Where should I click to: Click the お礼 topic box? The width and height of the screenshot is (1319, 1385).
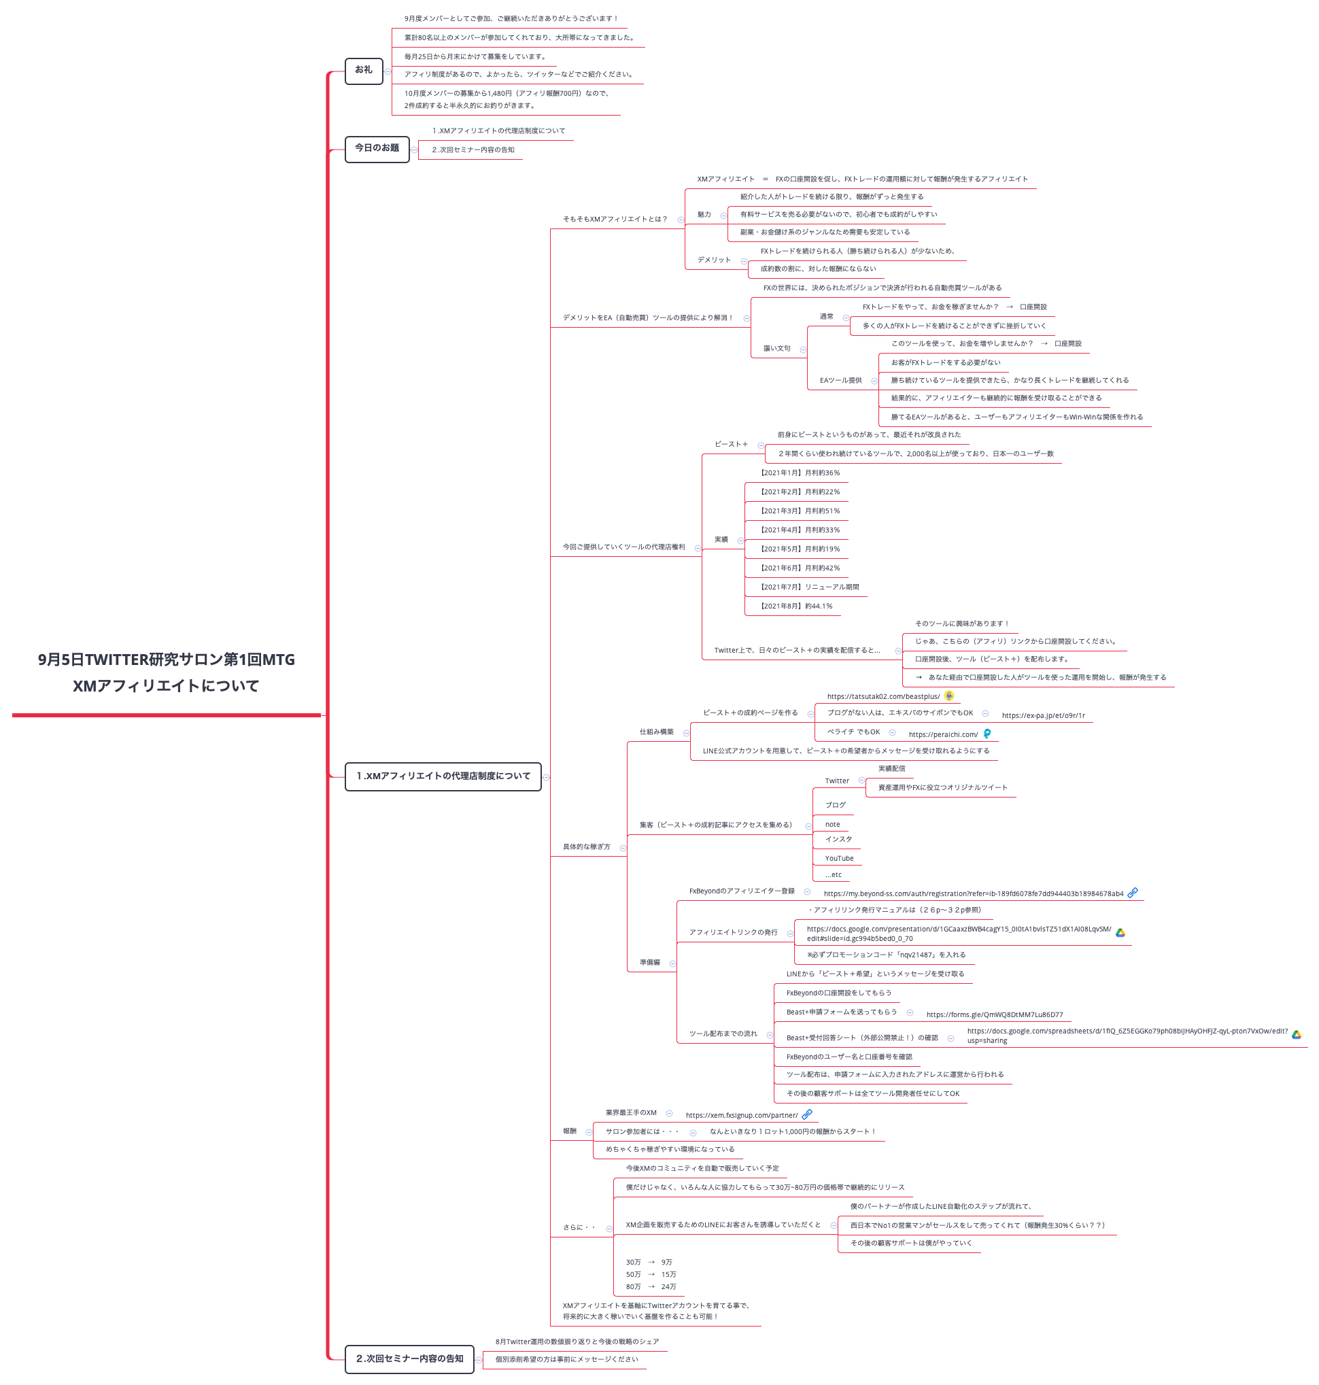[364, 70]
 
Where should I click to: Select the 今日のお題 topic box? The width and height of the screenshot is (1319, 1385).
[377, 148]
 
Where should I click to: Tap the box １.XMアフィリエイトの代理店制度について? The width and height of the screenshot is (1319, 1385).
[443, 776]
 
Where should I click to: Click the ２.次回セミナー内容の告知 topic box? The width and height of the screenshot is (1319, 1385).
[409, 1359]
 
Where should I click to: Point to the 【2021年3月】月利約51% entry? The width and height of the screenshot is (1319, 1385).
[800, 511]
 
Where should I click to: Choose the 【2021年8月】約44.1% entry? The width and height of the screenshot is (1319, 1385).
[796, 606]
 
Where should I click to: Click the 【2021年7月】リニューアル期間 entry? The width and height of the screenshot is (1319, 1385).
[809, 587]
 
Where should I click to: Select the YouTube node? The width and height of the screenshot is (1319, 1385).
[839, 859]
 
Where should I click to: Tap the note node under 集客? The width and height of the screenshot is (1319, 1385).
[832, 825]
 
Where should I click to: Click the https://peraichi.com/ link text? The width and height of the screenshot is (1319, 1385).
[943, 735]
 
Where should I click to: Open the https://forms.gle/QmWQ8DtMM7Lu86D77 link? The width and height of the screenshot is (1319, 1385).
[994, 1014]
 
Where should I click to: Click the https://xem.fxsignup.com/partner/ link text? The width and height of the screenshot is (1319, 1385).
[742, 1115]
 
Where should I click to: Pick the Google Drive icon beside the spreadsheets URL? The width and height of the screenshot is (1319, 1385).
[1297, 1034]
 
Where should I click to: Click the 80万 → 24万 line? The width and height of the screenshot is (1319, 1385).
[651, 1286]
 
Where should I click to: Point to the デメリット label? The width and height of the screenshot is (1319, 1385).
[714, 260]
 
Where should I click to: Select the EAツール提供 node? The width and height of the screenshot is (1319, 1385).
[840, 381]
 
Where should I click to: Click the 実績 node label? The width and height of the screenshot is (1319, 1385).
[721, 540]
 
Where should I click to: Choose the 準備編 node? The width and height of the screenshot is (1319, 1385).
[650, 963]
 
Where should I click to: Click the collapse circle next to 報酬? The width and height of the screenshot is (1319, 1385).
[589, 1132]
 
